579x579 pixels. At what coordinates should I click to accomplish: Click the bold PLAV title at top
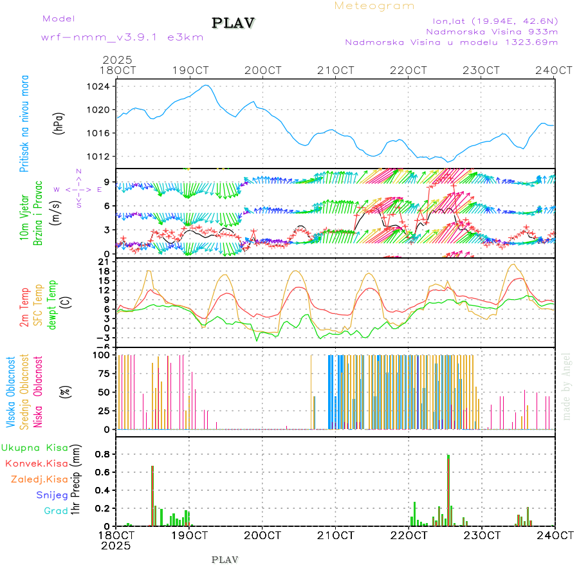[234, 23]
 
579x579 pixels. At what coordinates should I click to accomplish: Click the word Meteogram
[374, 6]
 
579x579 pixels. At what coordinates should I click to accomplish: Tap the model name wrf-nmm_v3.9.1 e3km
[122, 37]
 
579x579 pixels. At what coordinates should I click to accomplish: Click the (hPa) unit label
[59, 122]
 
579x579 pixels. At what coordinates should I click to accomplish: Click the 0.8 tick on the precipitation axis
[102, 454]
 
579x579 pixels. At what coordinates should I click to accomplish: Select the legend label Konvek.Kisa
[36, 463]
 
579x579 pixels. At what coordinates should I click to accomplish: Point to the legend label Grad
[55, 511]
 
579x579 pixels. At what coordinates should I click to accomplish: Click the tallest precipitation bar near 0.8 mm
[448, 489]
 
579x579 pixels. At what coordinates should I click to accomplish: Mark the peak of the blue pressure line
[206, 85]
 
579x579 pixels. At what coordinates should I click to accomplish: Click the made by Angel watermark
[566, 386]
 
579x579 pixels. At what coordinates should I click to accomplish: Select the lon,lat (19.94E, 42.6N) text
[495, 21]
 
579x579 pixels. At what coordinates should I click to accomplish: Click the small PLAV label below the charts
[225, 560]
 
